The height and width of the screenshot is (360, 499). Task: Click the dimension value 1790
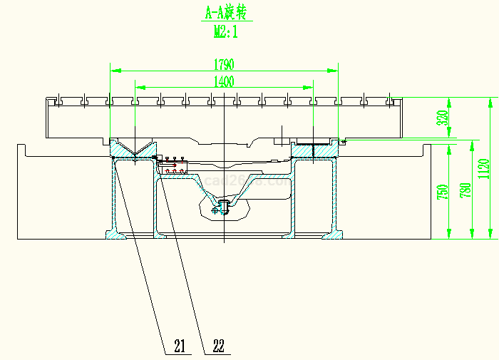pyautogui.click(x=223, y=65)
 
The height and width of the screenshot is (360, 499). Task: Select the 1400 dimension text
pyautogui.click(x=224, y=81)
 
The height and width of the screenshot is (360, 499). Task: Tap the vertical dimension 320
pyautogui.click(x=442, y=118)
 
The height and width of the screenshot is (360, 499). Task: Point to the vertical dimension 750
pyautogui.click(x=442, y=192)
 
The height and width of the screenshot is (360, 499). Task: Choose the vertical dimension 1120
pyautogui.click(x=485, y=168)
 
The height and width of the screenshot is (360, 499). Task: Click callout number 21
pyautogui.click(x=179, y=346)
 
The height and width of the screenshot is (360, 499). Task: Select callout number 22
pyautogui.click(x=218, y=346)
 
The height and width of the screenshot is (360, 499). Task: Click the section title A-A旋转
pyautogui.click(x=224, y=13)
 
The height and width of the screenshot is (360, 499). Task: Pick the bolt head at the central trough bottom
pyautogui.click(x=222, y=207)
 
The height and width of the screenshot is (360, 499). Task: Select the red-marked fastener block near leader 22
pyautogui.click(x=171, y=166)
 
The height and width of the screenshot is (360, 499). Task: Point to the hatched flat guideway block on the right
pyautogui.click(x=314, y=149)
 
